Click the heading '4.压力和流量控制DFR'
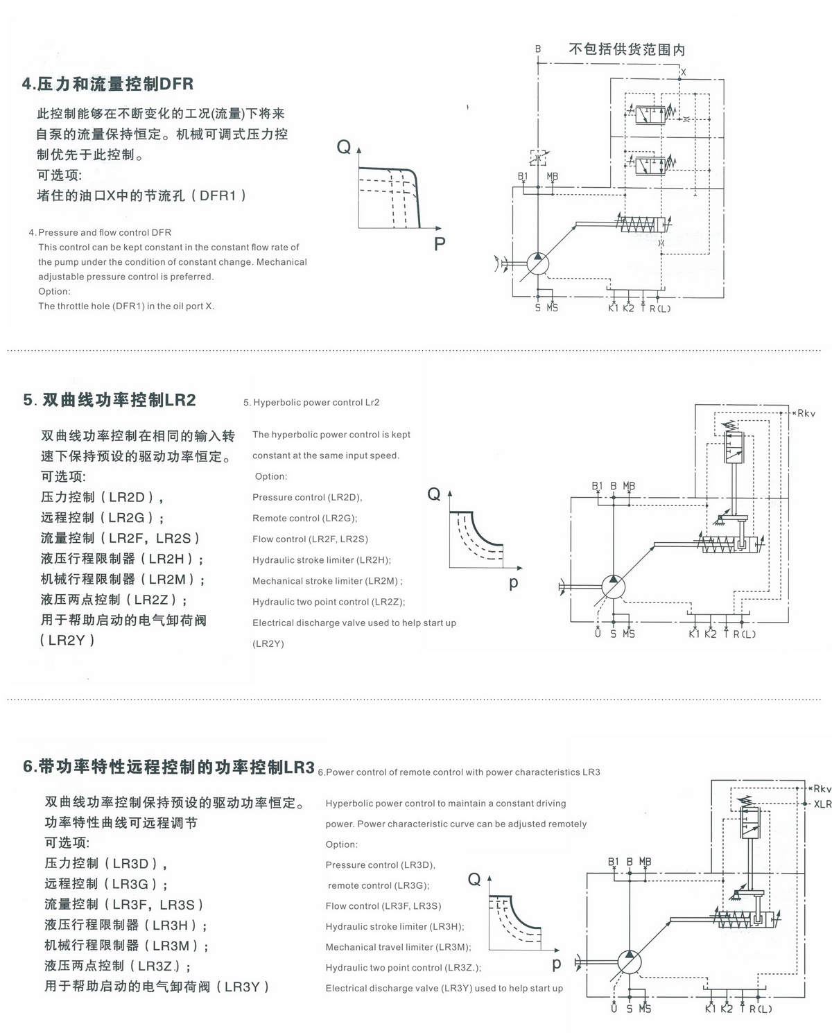tap(107, 83)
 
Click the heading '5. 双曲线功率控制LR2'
tap(110, 400)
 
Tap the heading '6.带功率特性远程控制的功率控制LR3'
tap(168, 767)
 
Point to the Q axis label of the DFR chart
tap(344, 146)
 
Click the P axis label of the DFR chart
tap(440, 244)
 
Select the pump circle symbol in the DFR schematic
tap(538, 263)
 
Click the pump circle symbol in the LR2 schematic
tap(614, 587)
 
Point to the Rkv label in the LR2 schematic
tap(806, 413)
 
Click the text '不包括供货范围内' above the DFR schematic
tap(627, 49)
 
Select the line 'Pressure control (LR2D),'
tap(307, 497)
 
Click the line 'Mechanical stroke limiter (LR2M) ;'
tap(327, 581)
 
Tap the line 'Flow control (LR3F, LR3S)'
tap(383, 906)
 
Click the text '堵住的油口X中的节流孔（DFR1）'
tap(142, 196)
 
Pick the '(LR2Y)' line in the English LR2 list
tap(268, 643)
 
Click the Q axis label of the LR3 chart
tap(474, 879)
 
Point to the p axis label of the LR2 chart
tap(513, 583)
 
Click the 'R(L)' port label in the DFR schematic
tap(659, 309)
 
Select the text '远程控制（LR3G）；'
tap(106, 884)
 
